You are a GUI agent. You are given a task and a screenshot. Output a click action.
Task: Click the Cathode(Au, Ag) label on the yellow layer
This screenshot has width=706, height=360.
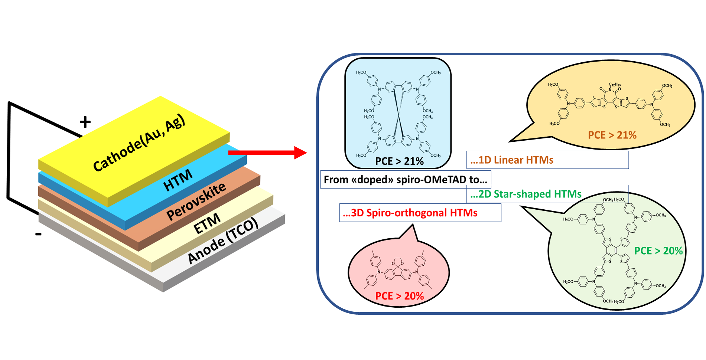tap(139, 143)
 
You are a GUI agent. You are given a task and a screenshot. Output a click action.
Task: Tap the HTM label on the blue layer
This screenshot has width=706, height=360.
tap(178, 180)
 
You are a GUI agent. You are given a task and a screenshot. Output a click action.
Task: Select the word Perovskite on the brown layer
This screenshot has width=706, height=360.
tap(196, 202)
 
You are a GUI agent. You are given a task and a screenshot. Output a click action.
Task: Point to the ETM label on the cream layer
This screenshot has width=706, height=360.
tap(207, 224)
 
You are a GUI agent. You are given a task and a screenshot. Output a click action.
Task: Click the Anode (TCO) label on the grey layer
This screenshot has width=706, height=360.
tap(222, 241)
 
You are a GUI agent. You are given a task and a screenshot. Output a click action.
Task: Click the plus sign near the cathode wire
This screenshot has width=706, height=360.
tap(85, 122)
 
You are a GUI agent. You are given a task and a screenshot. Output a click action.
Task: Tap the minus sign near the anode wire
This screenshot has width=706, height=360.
tap(38, 234)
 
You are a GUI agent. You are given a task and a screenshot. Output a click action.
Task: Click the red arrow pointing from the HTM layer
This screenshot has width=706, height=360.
tap(267, 152)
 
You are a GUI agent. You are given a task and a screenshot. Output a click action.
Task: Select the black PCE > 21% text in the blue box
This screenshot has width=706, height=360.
tap(399, 161)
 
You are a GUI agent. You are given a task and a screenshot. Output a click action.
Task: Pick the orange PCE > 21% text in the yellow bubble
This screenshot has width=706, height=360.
tap(612, 135)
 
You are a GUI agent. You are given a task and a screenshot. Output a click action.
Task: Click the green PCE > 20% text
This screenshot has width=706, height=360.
tap(658, 251)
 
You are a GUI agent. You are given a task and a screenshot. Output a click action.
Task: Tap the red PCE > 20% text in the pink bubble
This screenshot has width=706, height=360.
tap(399, 296)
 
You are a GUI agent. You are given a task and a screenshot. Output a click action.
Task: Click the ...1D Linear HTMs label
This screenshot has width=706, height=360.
tap(512, 160)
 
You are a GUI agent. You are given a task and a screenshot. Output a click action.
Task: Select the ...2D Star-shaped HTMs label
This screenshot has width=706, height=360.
tap(526, 194)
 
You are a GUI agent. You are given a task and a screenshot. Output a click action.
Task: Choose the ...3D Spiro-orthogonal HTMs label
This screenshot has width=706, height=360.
tap(410, 213)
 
